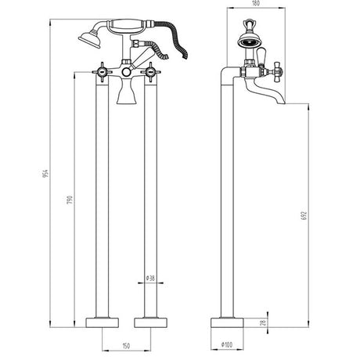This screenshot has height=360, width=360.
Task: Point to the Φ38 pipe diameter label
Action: click(x=150, y=277)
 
